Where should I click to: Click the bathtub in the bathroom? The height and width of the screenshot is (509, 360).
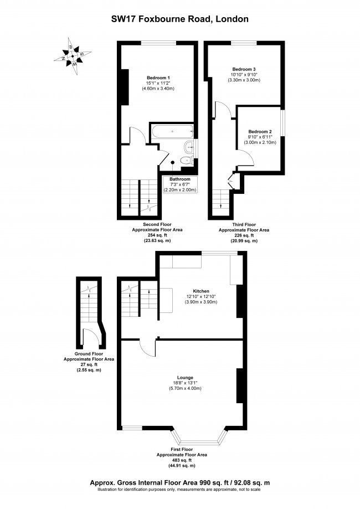[x=173, y=132]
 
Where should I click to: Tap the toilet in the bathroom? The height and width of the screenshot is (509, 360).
[x=186, y=161]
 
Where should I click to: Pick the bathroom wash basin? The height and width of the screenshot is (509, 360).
[x=191, y=147]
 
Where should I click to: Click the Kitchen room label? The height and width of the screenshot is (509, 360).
[x=201, y=291]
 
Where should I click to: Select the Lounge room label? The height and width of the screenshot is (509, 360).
[x=186, y=377]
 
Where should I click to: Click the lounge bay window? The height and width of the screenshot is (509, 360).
[x=198, y=436]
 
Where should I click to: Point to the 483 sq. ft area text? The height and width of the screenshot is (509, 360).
[x=182, y=460]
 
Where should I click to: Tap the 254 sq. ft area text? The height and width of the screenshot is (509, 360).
[x=157, y=235]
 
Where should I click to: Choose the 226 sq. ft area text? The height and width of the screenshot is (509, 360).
[x=244, y=235]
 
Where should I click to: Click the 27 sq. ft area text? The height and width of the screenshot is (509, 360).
[x=90, y=364]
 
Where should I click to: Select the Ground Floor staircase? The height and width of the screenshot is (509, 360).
[x=89, y=304]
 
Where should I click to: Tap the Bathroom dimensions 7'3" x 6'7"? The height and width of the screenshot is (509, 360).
[x=179, y=185]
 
